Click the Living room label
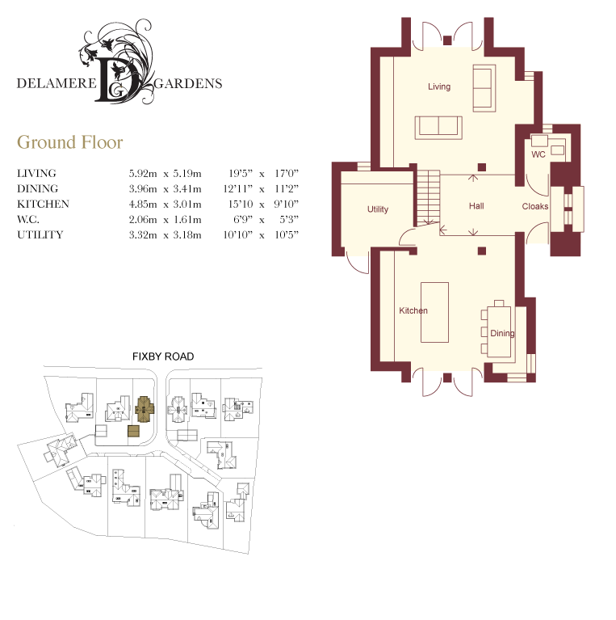(439, 86)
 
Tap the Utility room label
(378, 209)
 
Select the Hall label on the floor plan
(476, 206)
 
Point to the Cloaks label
(535, 206)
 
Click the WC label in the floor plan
(538, 154)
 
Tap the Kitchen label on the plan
(413, 310)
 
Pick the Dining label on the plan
(502, 333)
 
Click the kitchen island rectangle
(434, 312)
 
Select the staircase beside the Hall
(429, 198)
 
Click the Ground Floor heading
(70, 142)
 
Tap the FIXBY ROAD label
(163, 356)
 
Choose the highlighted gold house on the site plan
(145, 409)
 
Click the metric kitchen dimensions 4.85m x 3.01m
(165, 204)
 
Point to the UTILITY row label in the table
(40, 235)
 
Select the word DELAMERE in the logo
(57, 83)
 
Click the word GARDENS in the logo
(188, 84)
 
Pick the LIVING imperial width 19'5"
(241, 174)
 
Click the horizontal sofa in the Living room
(438, 128)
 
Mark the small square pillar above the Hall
(482, 167)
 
